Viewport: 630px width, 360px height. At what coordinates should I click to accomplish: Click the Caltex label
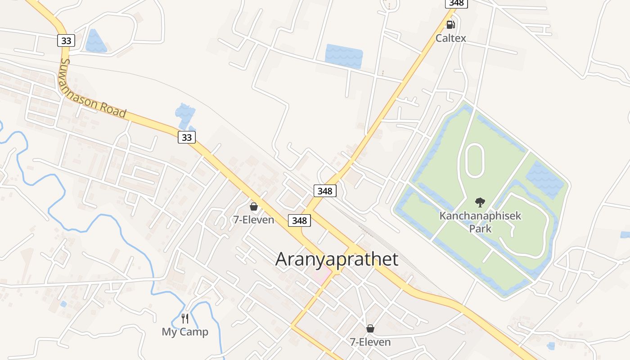[x=450, y=38]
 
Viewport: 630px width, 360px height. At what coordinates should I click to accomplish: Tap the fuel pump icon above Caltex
[x=450, y=24]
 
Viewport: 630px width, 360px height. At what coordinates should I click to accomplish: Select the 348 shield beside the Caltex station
[x=456, y=3]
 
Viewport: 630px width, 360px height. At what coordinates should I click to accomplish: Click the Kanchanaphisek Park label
[x=480, y=222]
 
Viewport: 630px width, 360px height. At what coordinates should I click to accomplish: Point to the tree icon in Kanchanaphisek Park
[x=480, y=202]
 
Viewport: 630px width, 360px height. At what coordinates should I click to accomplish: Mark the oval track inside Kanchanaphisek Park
[x=475, y=161]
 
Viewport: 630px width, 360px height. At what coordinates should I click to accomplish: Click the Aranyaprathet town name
[x=337, y=260]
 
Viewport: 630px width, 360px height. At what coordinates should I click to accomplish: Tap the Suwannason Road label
[x=93, y=88]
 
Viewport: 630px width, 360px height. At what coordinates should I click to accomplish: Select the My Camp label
[x=185, y=332]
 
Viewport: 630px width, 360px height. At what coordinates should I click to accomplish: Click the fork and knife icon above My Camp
[x=185, y=319]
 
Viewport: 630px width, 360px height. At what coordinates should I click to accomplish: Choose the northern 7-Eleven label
[x=253, y=220]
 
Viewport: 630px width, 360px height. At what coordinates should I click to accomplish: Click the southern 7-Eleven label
[x=370, y=342]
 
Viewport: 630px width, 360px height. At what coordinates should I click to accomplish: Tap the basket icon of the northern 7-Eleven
[x=253, y=207]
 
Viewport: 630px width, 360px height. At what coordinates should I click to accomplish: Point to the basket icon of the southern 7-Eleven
[x=370, y=328]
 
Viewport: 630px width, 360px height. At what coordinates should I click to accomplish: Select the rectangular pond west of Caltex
[x=344, y=56]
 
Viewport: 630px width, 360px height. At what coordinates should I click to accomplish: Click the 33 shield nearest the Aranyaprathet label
[x=186, y=137]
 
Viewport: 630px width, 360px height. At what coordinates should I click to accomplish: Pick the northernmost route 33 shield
[x=66, y=40]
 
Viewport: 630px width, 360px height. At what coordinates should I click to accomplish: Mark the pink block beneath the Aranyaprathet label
[x=321, y=274]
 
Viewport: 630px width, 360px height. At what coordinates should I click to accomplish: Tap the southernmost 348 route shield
[x=299, y=220]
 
